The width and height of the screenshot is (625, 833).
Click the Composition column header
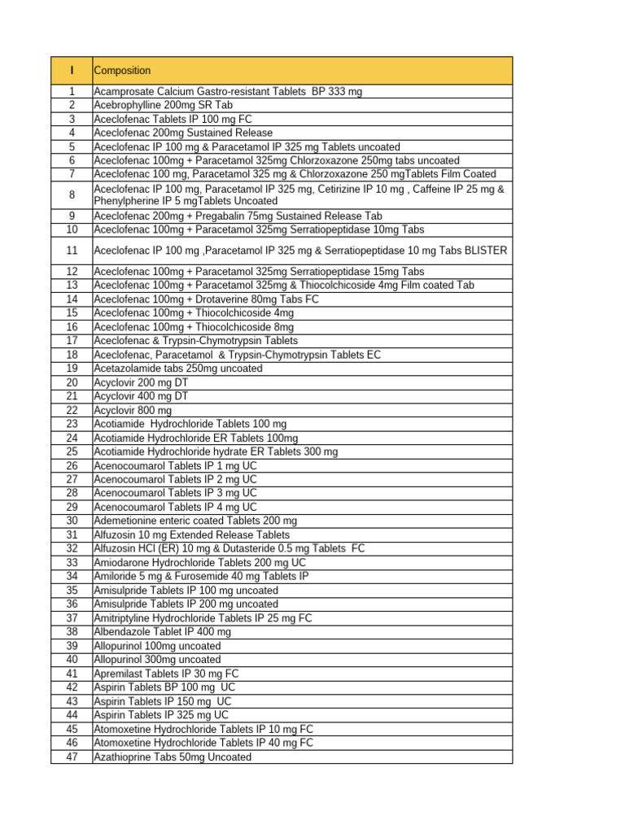123,71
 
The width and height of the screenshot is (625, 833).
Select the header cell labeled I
72,71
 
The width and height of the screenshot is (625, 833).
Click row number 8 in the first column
72,194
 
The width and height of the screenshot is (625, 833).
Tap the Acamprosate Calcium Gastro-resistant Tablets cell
228,92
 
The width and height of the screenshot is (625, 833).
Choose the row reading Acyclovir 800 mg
133,411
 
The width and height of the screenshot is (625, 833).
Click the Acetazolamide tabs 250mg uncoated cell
178,369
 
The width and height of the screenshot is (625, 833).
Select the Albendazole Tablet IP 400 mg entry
163,632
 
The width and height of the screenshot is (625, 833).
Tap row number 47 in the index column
72,757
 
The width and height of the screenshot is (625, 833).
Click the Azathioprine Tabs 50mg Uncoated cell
173,757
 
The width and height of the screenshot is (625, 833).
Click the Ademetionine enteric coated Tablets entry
195,521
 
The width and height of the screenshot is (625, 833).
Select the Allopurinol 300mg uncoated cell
157,660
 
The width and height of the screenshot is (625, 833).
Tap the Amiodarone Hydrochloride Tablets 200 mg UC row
200,563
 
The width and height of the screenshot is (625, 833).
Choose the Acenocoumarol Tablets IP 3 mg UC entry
175,493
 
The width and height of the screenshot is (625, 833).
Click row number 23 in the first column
72,424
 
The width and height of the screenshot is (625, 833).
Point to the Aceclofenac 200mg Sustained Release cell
183,133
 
